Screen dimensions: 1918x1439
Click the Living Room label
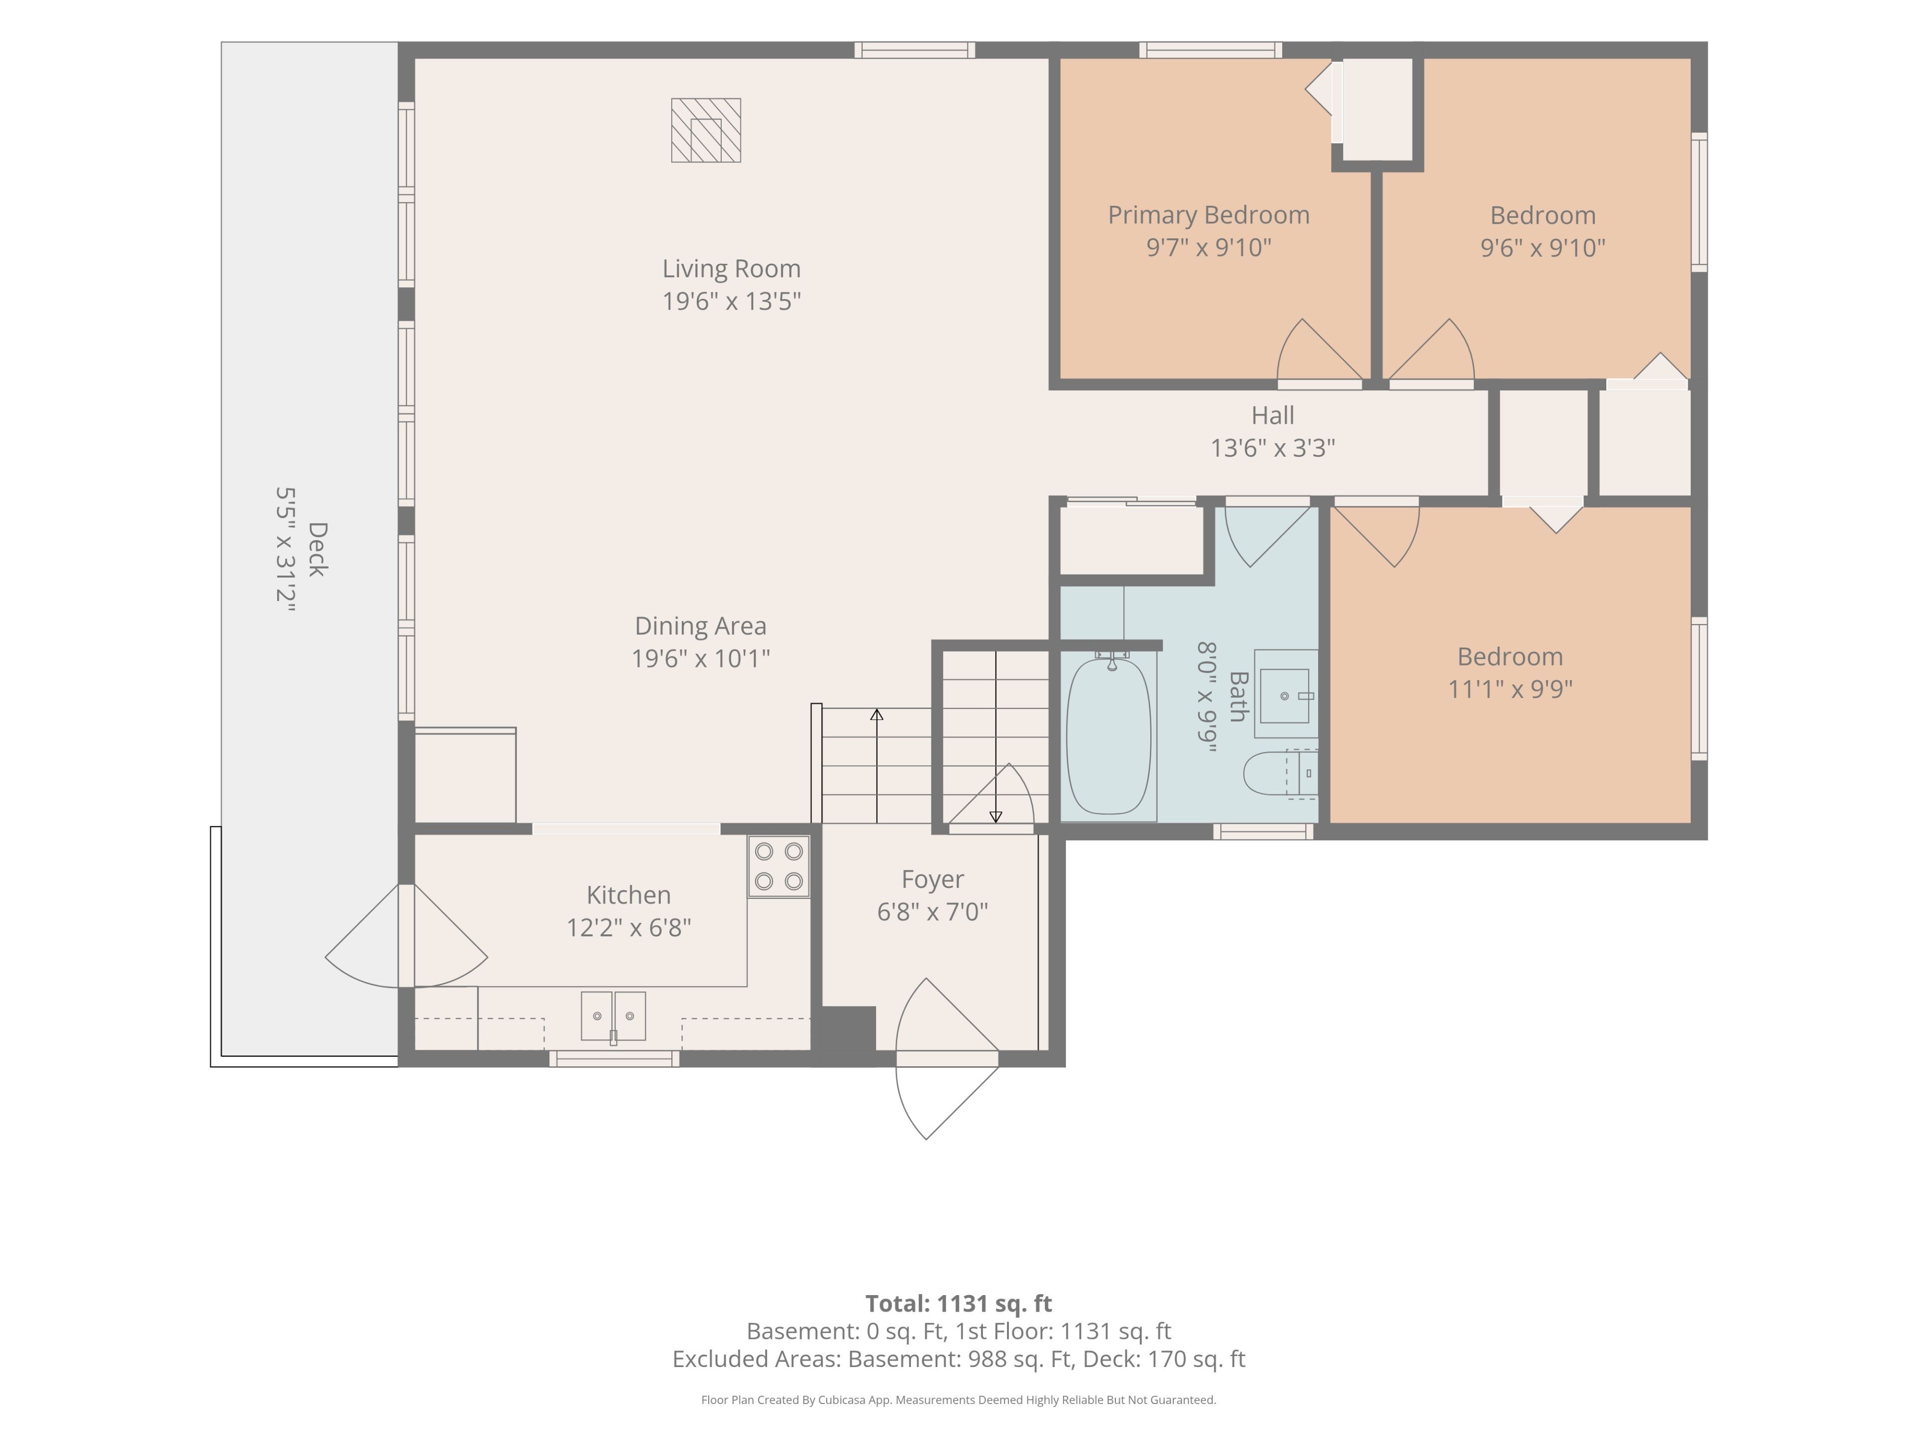[x=731, y=269]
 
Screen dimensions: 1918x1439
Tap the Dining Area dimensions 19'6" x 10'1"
[x=701, y=659]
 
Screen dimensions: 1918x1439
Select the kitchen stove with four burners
[x=779, y=866]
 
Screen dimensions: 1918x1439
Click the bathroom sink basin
[x=1284, y=696]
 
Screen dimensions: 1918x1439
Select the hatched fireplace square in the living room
[x=706, y=130]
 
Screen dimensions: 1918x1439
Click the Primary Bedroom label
[x=1209, y=215]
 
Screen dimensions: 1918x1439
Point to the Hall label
[x=1273, y=416]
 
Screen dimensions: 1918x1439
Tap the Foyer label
[x=932, y=879]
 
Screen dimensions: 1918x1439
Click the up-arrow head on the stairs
[x=877, y=715]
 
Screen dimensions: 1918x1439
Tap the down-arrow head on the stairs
[x=995, y=817]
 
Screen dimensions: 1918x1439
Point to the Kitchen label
[x=629, y=895]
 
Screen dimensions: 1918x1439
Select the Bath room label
[x=1238, y=697]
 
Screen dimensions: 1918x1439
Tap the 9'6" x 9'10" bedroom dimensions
[x=1542, y=248]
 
